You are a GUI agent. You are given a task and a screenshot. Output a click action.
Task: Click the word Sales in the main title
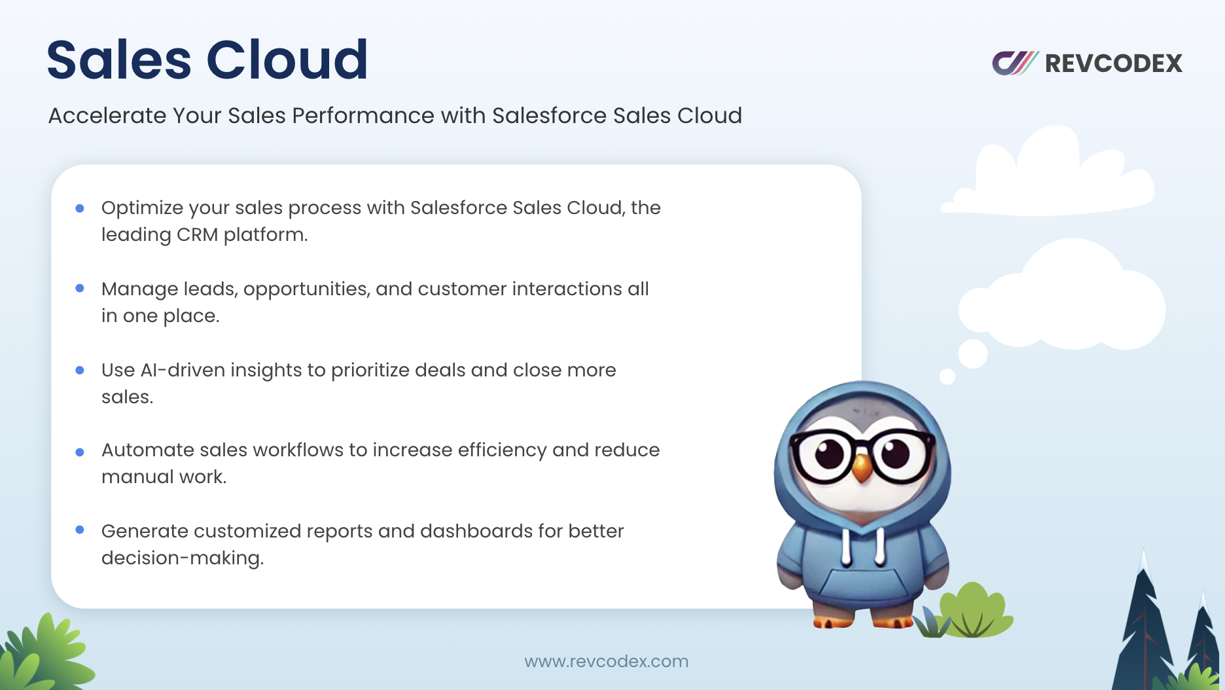click(119, 60)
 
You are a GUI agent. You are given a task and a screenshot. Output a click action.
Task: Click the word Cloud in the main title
click(287, 60)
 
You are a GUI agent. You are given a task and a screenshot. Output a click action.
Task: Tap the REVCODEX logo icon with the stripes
click(1015, 63)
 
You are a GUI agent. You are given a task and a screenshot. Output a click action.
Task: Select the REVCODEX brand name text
click(1114, 64)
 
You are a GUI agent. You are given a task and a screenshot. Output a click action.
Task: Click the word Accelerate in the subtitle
click(107, 116)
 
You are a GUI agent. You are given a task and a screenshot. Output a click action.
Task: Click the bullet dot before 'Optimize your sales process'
click(80, 208)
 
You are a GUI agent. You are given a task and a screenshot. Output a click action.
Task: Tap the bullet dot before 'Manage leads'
click(80, 288)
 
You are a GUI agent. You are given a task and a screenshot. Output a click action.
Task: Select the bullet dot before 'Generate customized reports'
click(80, 530)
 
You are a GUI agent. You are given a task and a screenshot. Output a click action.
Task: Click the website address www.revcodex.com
click(607, 661)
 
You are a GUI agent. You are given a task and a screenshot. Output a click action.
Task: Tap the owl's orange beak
click(863, 466)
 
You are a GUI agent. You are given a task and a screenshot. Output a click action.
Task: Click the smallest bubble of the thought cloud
click(947, 376)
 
